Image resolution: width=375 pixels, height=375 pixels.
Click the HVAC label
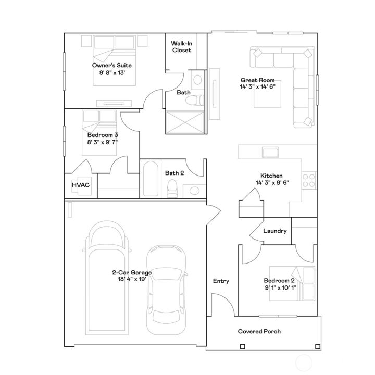(x=80, y=185)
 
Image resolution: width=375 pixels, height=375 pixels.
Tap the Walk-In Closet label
(x=181, y=47)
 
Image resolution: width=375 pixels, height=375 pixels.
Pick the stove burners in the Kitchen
(x=309, y=180)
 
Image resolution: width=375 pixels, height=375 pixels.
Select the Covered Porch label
(x=259, y=331)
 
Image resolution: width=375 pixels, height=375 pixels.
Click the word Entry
(x=221, y=281)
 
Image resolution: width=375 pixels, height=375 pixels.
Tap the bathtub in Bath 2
(x=151, y=178)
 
